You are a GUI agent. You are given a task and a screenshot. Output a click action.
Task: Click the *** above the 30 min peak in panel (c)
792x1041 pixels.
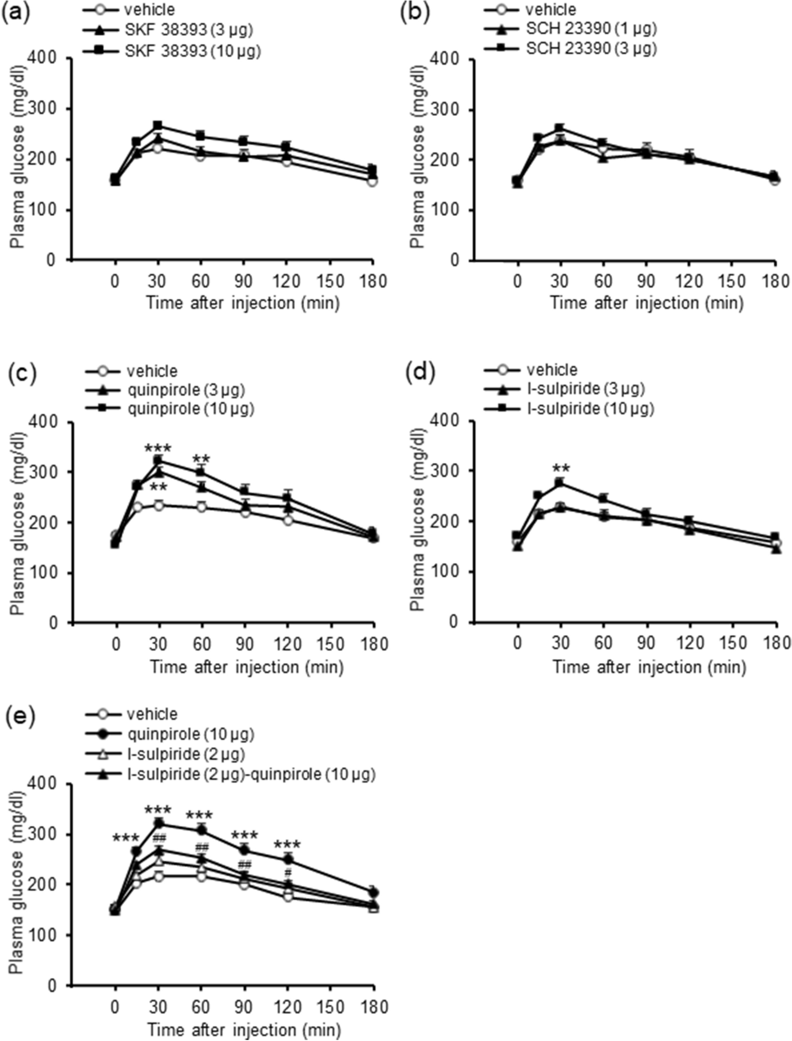[x=158, y=449]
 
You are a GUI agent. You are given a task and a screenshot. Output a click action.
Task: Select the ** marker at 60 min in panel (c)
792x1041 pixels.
[x=201, y=459]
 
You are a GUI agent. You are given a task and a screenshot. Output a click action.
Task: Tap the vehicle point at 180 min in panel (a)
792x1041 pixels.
[x=372, y=182]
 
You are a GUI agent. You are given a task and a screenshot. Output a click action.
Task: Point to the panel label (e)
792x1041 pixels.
[x=21, y=716]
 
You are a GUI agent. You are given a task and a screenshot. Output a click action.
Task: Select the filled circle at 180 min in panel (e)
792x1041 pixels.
[x=373, y=892]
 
